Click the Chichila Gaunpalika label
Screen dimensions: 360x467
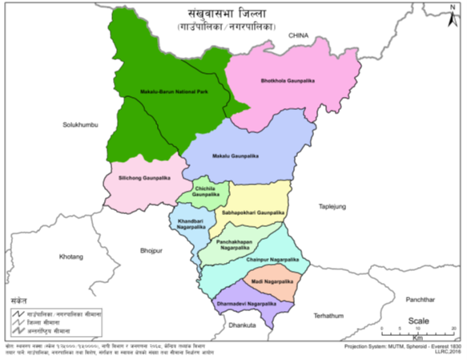(x=206, y=191)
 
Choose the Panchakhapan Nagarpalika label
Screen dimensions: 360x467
(x=235, y=245)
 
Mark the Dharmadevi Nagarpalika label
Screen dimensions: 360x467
(x=248, y=303)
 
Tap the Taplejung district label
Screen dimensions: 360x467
(x=331, y=206)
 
